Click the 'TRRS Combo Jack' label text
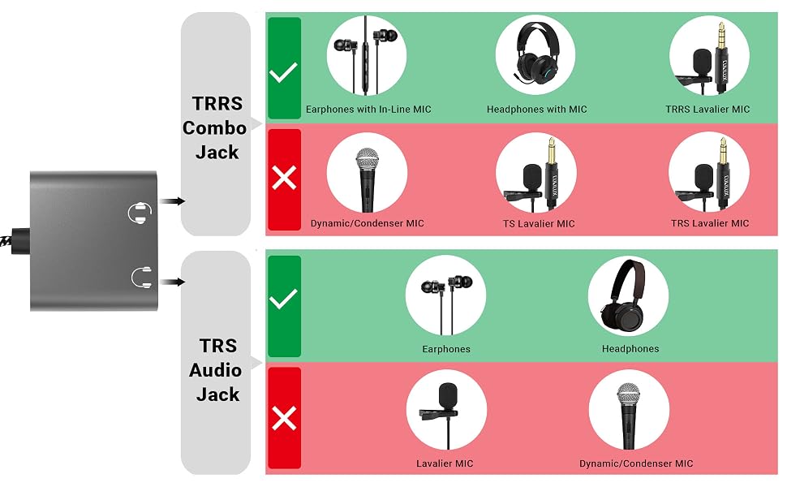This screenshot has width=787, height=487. tap(215, 127)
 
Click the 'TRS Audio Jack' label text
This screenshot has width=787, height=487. tap(216, 370)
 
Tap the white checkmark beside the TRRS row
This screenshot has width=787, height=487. tap(284, 72)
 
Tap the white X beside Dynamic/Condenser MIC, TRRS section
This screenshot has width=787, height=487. tap(284, 178)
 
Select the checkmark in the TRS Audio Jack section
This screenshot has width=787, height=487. tap(284, 299)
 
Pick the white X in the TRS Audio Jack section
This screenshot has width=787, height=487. tap(284, 418)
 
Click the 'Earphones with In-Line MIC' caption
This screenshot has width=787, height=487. tap(368, 110)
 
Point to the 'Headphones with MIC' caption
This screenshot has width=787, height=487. tap(536, 110)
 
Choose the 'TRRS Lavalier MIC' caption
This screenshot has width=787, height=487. tap(707, 110)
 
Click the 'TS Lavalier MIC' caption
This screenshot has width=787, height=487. tap(539, 223)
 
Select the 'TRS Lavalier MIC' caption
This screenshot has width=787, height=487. tap(710, 223)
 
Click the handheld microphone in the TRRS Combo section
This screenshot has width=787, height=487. tap(368, 179)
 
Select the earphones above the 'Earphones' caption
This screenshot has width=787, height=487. tap(446, 301)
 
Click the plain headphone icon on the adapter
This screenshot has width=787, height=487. tap(141, 278)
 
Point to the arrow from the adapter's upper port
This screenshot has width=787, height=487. tap(172, 201)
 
